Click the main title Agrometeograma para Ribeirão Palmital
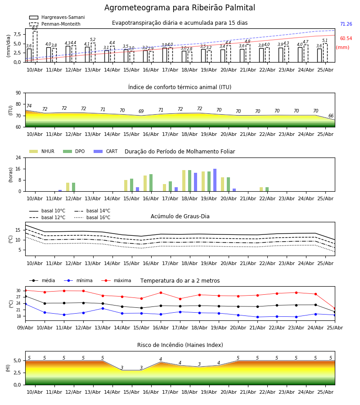tap(180, 8)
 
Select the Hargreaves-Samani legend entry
tap(57, 17)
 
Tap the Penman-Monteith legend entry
tap(55, 24)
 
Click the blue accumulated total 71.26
tap(346, 24)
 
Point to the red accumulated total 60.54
tap(346, 39)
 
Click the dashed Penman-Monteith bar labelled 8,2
tap(35, 46)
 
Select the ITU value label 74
tap(29, 106)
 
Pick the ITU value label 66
tap(331, 116)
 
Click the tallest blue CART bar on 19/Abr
tap(215, 180)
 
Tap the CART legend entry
tap(106, 151)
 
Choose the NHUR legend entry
tap(42, 151)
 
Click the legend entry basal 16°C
tap(92, 217)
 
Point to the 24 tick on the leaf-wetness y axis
tap(18, 157)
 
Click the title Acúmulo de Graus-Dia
tap(180, 216)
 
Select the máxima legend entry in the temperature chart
tap(116, 280)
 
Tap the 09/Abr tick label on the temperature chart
tap(25, 328)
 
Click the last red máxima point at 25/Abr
tap(335, 309)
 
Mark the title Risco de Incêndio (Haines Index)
tap(180, 345)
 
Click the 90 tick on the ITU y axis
tap(18, 93)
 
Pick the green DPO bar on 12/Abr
tap(74, 187)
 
